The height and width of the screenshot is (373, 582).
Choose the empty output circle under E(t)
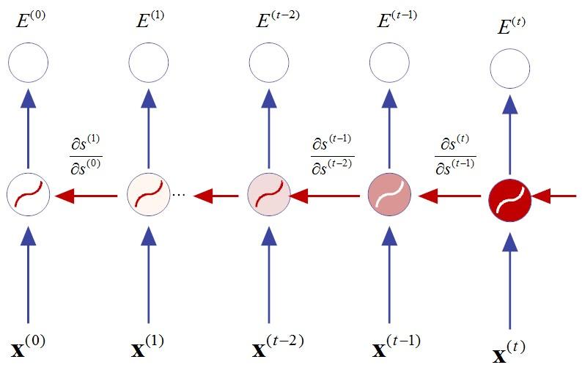(x=509, y=70)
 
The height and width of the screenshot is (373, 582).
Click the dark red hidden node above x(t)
(x=509, y=196)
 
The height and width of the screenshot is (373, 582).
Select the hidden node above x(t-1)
(x=389, y=196)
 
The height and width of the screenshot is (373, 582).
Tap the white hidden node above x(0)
(x=28, y=196)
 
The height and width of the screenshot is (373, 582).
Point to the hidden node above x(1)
(x=149, y=196)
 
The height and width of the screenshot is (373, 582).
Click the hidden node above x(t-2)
(x=269, y=196)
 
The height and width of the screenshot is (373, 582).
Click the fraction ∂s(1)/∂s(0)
(x=86, y=155)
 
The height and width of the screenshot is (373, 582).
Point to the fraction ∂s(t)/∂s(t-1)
(x=454, y=154)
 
